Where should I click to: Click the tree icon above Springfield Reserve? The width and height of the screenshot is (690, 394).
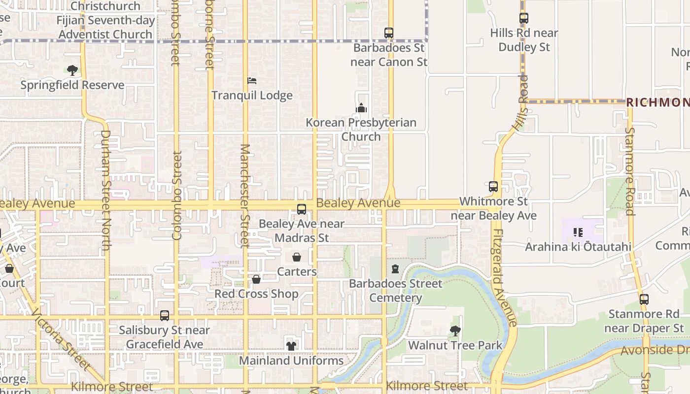[72, 70]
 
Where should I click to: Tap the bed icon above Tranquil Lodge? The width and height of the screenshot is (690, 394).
[252, 81]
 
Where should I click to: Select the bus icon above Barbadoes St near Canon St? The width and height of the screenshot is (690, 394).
[389, 33]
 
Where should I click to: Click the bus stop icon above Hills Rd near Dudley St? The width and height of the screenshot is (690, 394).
[524, 18]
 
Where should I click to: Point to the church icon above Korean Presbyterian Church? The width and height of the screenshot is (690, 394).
[361, 108]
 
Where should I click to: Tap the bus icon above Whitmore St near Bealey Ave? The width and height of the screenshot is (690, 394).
[493, 187]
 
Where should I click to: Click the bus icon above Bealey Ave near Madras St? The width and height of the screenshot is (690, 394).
[302, 209]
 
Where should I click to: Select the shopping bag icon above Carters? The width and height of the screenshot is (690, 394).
[297, 257]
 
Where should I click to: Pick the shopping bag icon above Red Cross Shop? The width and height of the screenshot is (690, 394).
[256, 279]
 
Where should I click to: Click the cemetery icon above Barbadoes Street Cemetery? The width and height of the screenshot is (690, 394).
[395, 269]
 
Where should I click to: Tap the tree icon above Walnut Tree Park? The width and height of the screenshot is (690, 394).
[455, 331]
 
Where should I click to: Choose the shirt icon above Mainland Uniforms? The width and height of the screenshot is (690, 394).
[291, 346]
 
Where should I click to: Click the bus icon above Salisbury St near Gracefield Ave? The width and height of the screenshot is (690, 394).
[165, 316]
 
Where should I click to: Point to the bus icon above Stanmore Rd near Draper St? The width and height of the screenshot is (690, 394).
[644, 299]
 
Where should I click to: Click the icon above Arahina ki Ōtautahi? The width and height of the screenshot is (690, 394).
[578, 232]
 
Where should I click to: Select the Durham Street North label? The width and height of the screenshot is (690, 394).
[105, 190]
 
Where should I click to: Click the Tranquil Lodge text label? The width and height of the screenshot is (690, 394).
[252, 96]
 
